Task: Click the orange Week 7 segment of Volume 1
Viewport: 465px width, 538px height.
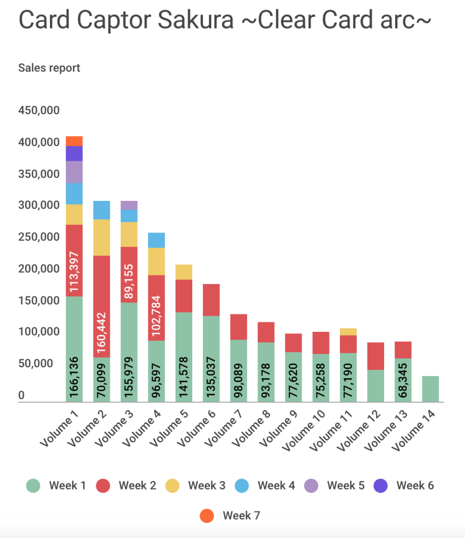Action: point(74,141)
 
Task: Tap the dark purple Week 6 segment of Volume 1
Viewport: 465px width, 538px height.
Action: point(74,154)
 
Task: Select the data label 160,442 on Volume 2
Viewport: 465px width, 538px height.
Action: point(101,334)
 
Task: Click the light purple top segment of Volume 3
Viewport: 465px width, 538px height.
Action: point(129,205)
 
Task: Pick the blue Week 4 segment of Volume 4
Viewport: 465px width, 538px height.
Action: point(156,240)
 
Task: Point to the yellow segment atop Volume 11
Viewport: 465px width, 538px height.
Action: point(348,332)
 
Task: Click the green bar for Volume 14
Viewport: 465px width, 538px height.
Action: point(430,389)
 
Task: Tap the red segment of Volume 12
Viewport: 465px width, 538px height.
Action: point(375,356)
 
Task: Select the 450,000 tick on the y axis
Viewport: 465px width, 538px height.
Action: point(39,110)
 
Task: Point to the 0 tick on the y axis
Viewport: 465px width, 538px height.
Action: point(22,395)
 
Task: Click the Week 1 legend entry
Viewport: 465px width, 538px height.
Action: point(56,485)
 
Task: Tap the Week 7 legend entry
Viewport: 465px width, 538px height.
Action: point(230,515)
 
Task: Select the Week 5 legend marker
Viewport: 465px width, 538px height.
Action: point(312,485)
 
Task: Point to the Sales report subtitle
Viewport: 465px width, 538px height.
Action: point(49,68)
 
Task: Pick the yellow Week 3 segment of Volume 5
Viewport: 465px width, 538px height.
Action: point(183,272)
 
